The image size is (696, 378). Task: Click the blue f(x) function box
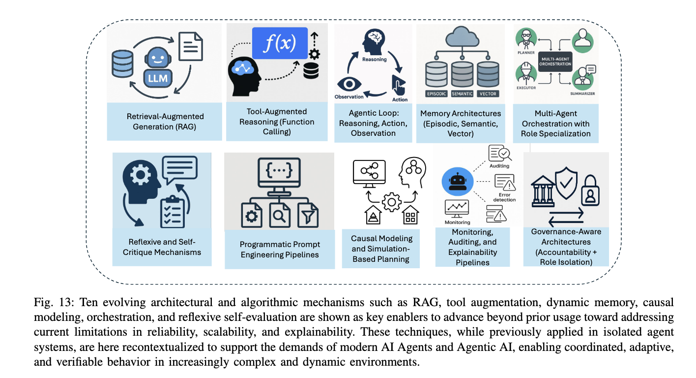point(280,44)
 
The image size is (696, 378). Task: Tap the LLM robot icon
point(156,69)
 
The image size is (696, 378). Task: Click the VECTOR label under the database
point(488,94)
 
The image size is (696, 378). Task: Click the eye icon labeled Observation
point(349,84)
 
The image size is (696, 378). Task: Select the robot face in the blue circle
point(457,181)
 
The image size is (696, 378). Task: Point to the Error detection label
point(505,197)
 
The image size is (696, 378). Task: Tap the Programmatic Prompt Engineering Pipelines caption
point(279,250)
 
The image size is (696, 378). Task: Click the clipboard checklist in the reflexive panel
point(172,212)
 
